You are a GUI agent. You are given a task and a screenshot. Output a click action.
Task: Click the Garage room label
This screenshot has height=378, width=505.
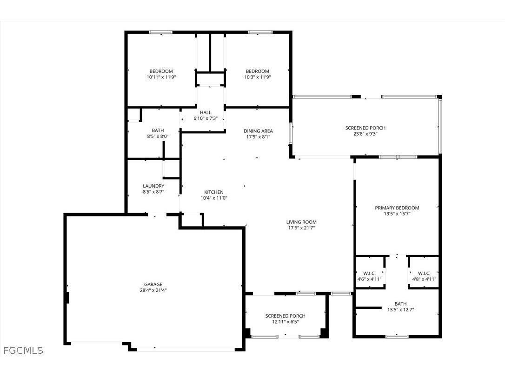pos(153,284)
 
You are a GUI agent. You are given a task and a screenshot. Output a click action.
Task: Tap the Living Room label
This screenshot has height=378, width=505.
pos(301,222)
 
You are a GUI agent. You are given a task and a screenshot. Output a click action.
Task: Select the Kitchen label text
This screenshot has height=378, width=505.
pos(214,192)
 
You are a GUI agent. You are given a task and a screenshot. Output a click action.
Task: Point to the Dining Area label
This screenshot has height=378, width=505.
pos(258,131)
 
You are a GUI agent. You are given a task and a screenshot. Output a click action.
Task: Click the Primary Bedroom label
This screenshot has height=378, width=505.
pos(397,208)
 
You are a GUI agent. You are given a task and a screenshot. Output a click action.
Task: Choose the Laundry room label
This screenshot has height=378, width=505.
pos(153,186)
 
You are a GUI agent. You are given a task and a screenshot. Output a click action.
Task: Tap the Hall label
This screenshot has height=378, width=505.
pos(206,112)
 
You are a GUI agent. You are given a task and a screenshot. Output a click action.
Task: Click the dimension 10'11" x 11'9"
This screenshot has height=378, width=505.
pos(161,77)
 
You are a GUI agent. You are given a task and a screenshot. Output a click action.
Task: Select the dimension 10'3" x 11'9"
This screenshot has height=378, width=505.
pos(258,77)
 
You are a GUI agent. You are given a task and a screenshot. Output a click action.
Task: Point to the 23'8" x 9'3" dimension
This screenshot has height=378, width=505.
pos(365,134)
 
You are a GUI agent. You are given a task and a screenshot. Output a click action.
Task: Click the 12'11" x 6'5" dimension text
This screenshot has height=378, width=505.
pos(286,322)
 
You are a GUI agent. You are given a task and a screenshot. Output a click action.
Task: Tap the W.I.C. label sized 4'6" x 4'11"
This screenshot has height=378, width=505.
pos(369,273)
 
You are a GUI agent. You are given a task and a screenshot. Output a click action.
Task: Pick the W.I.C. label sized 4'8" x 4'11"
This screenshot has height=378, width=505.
pos(424,273)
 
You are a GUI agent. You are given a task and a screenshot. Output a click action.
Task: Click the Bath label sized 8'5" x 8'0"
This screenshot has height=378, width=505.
pos(158,130)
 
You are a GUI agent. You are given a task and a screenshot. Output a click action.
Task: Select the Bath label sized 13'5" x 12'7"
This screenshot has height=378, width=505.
pos(397,304)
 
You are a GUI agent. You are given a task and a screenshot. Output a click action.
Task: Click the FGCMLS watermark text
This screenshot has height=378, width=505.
pos(23,350)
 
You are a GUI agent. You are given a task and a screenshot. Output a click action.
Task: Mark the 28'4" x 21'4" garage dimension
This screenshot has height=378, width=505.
pos(153,290)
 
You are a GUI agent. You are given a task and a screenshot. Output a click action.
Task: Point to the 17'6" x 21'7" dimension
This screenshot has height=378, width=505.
pos(301,228)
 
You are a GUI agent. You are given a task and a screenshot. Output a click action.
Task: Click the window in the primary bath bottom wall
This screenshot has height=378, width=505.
pos(397,336)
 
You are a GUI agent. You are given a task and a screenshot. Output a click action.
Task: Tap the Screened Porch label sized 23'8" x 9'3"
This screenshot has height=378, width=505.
pos(365,128)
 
